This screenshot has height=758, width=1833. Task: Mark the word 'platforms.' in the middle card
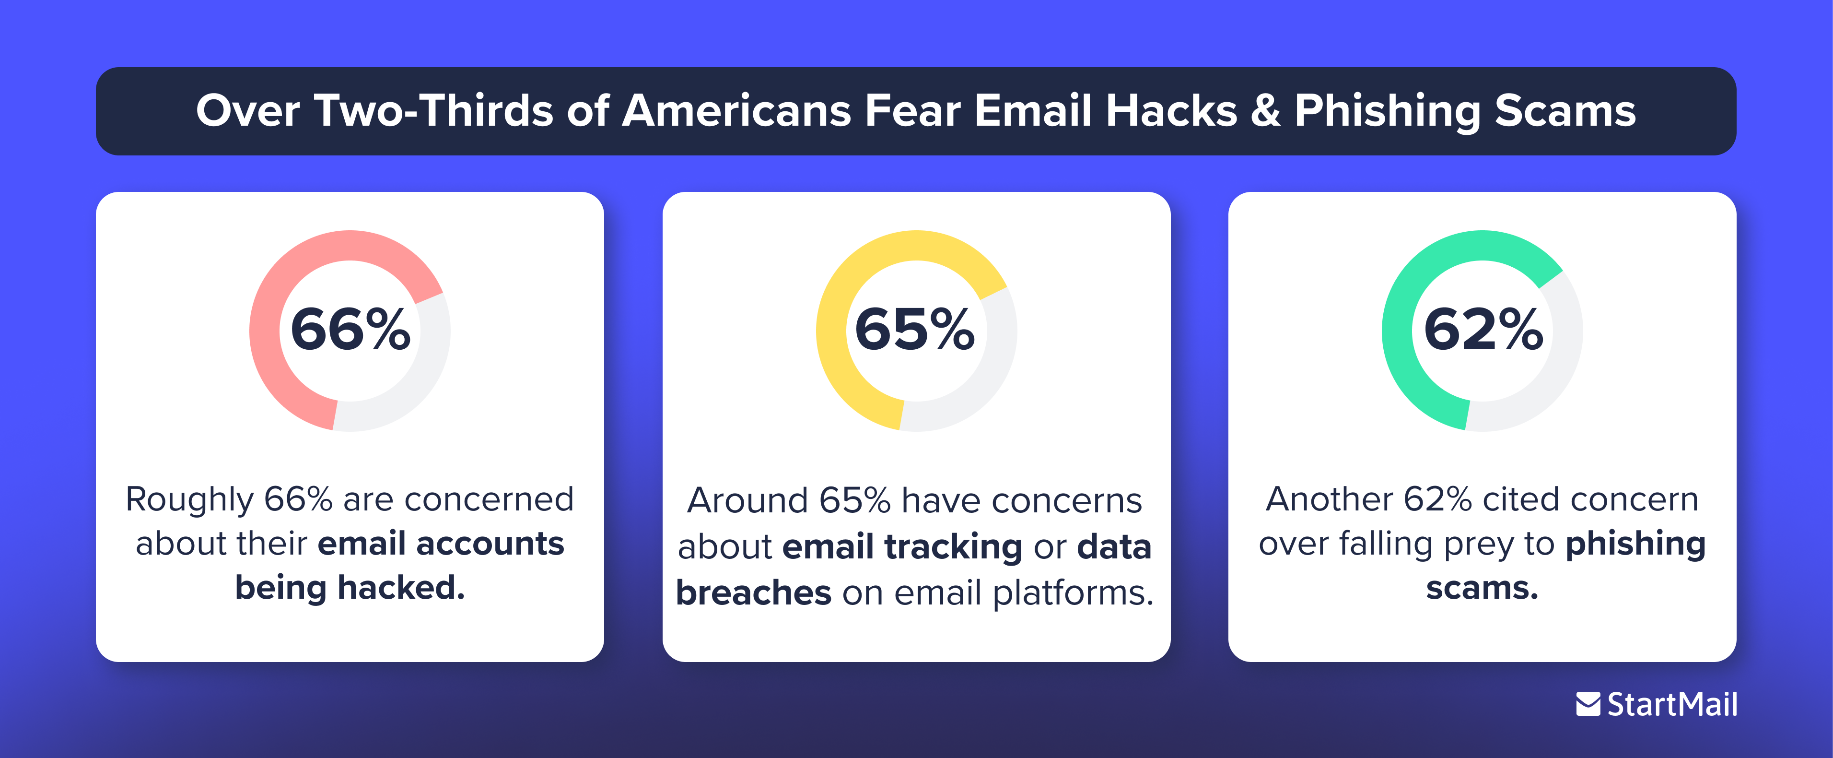(1073, 593)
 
